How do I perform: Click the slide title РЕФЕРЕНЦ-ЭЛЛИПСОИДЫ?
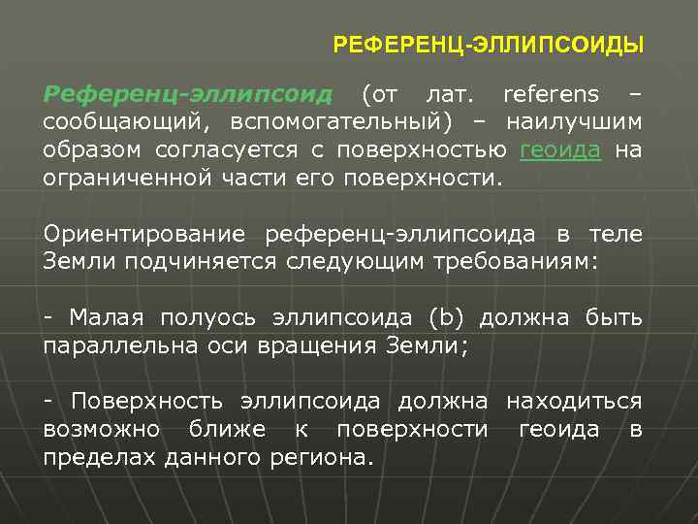(488, 45)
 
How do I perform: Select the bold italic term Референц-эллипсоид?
(188, 95)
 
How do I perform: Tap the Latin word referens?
(550, 95)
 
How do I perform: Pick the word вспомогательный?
(340, 123)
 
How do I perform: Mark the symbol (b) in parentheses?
(447, 319)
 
